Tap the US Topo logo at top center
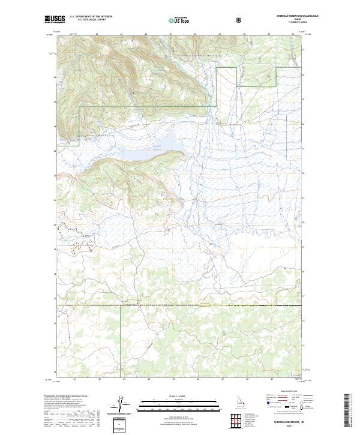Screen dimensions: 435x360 (x=180, y=20)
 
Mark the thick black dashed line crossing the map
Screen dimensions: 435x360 (x=180, y=305)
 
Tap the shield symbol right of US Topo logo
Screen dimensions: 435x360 (x=239, y=20)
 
